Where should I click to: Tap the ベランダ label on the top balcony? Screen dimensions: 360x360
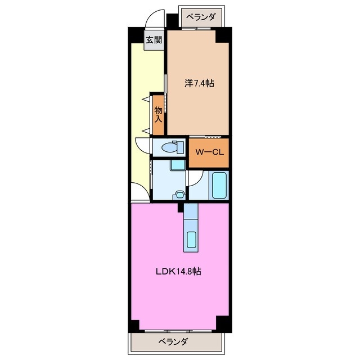click(201, 17)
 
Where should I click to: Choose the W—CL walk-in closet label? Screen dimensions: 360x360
click(209, 152)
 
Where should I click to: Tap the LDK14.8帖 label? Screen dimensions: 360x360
click(179, 272)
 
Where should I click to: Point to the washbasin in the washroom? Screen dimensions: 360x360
click(179, 195)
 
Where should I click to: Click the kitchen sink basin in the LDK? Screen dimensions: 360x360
click(191, 240)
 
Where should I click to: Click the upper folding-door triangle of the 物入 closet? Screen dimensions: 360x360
click(145, 100)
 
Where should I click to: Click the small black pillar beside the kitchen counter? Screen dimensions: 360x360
click(181, 208)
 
